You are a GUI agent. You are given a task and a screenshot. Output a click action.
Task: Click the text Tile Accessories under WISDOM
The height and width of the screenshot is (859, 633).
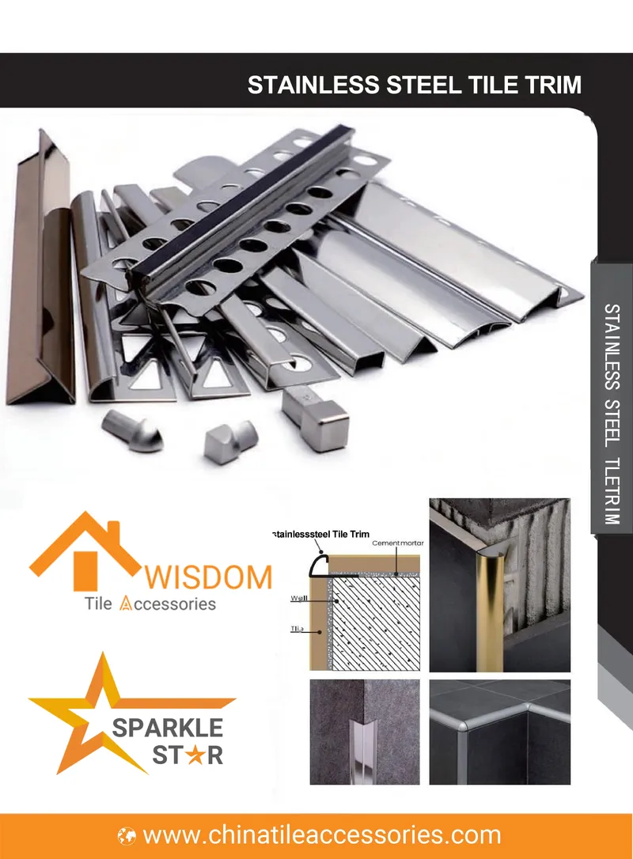[150, 604]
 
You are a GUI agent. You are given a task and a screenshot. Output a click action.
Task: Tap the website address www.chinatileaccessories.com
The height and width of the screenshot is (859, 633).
[322, 834]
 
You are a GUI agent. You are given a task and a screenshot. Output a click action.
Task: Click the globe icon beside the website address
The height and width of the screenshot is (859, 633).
[127, 835]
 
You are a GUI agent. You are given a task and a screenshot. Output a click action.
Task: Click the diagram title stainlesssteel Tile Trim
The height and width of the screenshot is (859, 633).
[320, 535]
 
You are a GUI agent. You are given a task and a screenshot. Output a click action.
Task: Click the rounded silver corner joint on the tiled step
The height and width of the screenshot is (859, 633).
[465, 724]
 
